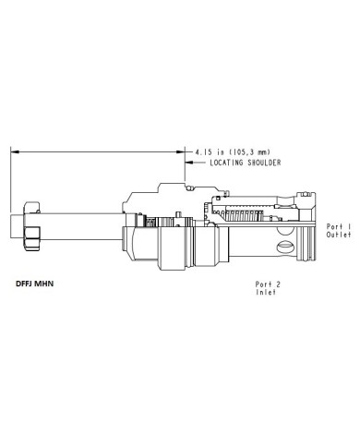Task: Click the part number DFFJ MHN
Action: [x=34, y=284]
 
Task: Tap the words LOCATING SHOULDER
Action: [x=246, y=163]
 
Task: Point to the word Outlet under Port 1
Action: [x=339, y=235]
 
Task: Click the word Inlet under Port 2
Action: [x=266, y=292]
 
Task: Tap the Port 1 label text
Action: [x=339, y=226]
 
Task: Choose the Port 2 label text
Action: [x=268, y=284]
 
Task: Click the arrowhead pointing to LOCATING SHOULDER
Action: [x=189, y=163]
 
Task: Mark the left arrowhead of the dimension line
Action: [x=15, y=151]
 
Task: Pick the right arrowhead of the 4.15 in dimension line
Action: [x=180, y=151]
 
